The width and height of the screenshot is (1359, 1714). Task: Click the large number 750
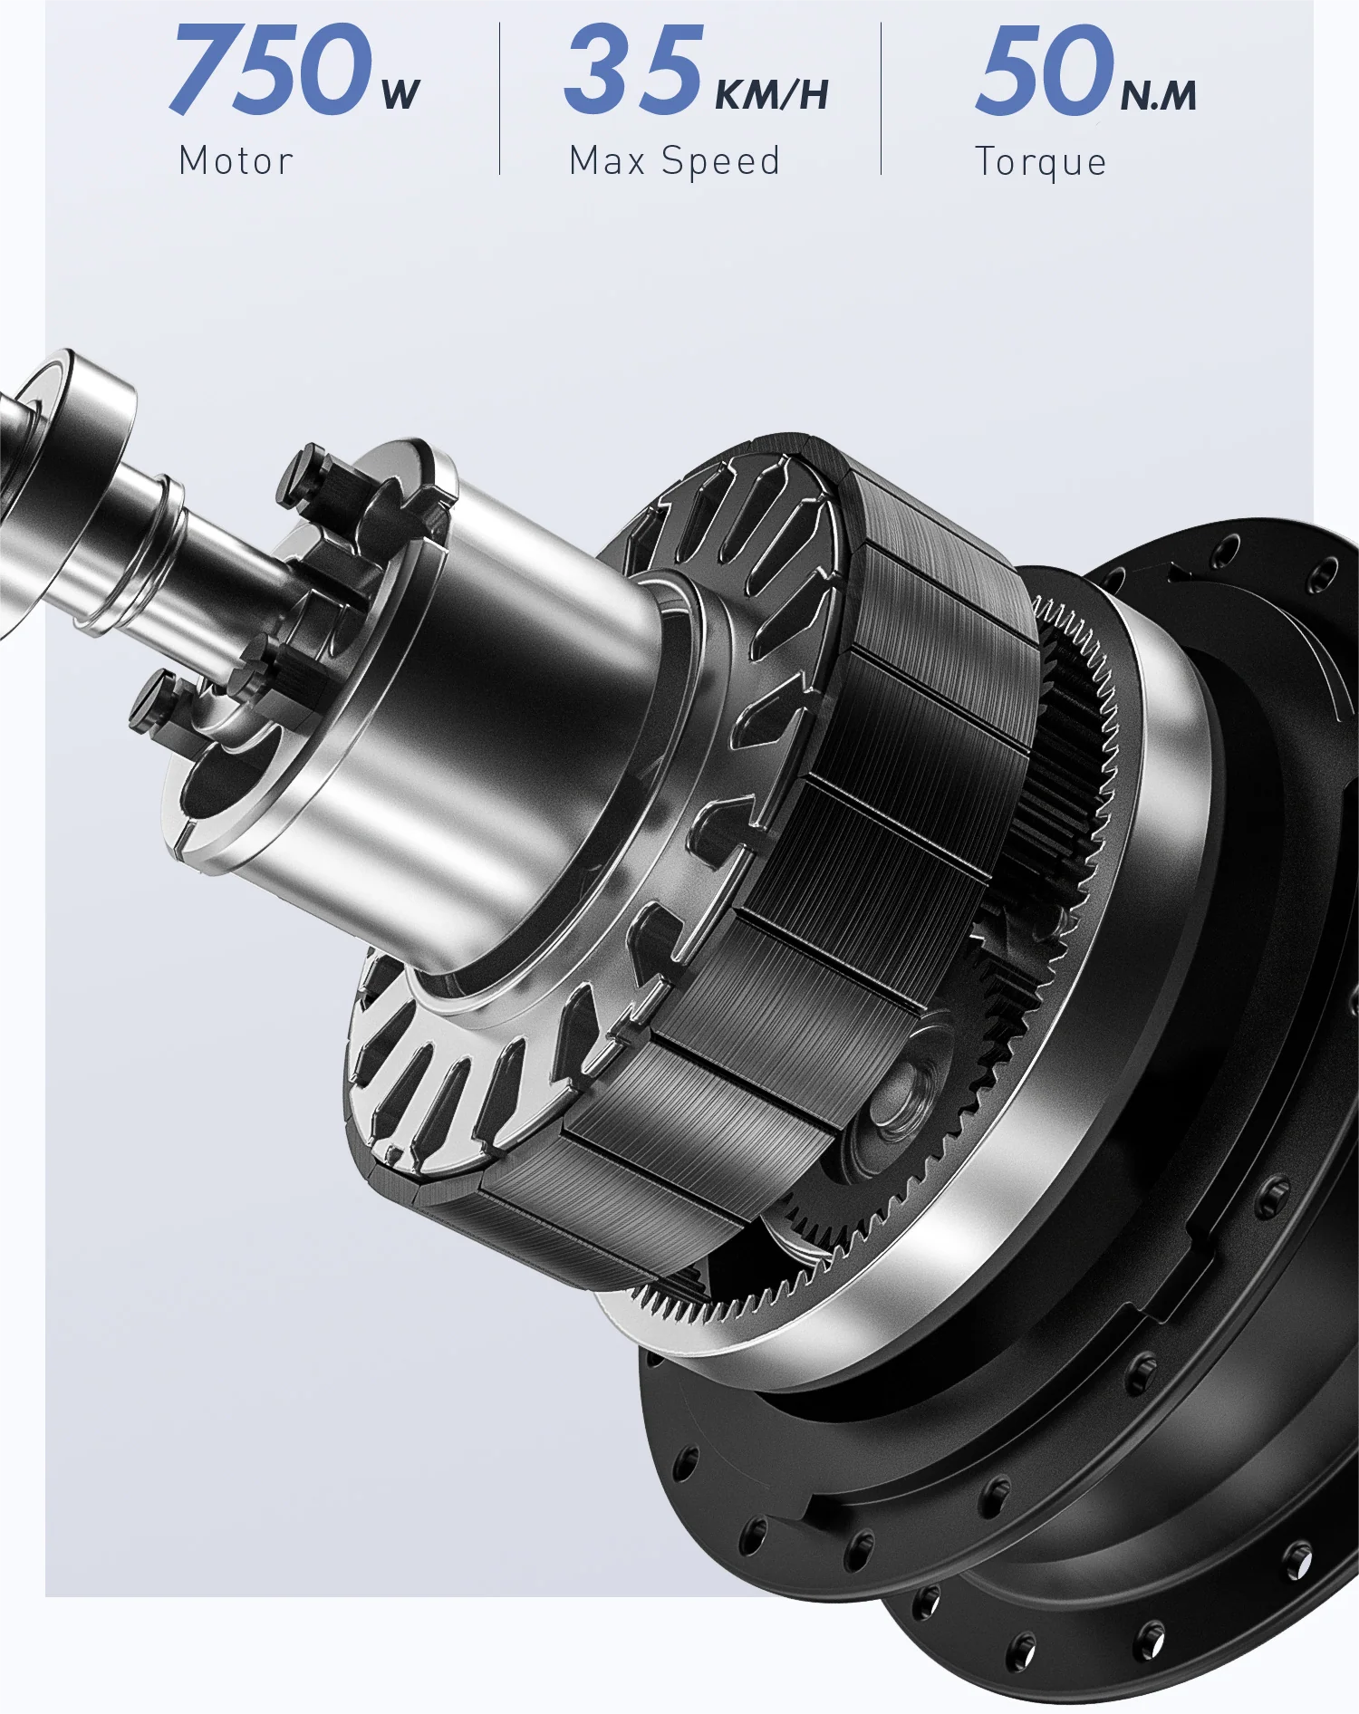click(x=270, y=70)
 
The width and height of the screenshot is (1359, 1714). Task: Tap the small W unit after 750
click(x=400, y=94)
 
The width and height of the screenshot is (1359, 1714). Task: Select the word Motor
click(x=236, y=161)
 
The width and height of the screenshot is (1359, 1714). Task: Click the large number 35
click(x=633, y=70)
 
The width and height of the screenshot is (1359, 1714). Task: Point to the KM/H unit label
click(x=772, y=94)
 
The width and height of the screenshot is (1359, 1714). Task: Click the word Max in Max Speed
click(x=607, y=161)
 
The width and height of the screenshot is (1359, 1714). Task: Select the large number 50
click(x=1044, y=70)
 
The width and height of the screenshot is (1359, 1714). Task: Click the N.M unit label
click(x=1159, y=95)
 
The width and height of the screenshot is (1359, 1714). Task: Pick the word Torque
click(x=1041, y=164)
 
